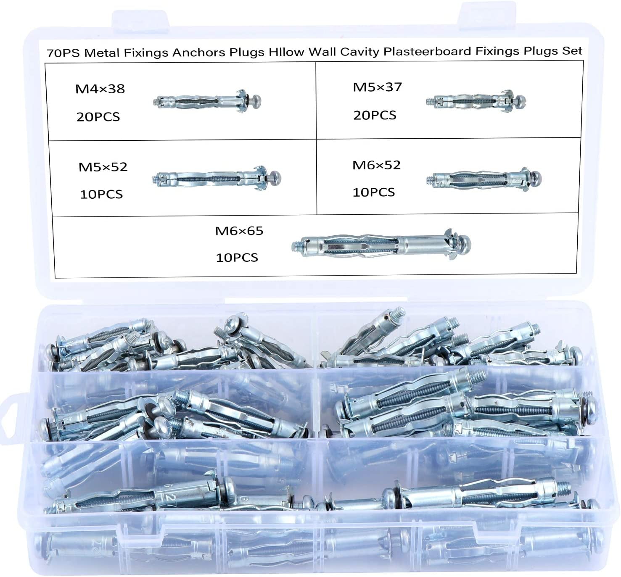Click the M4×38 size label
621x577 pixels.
(x=100, y=89)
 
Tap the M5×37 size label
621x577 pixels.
(x=377, y=87)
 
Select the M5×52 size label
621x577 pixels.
(x=103, y=167)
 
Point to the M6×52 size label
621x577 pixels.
(x=376, y=165)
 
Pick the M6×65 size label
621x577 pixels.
(x=239, y=231)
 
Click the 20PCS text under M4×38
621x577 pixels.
(x=98, y=116)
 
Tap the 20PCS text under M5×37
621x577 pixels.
(x=375, y=115)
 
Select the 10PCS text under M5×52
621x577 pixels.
(x=101, y=194)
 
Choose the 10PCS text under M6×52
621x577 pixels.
(x=373, y=192)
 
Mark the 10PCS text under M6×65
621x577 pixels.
(x=237, y=257)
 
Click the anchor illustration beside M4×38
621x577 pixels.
(x=207, y=101)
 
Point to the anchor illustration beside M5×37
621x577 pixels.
(x=476, y=101)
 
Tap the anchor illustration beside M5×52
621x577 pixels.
(x=217, y=178)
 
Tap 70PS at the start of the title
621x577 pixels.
(x=63, y=53)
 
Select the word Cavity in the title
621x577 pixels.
(x=360, y=52)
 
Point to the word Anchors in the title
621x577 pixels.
(x=198, y=53)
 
